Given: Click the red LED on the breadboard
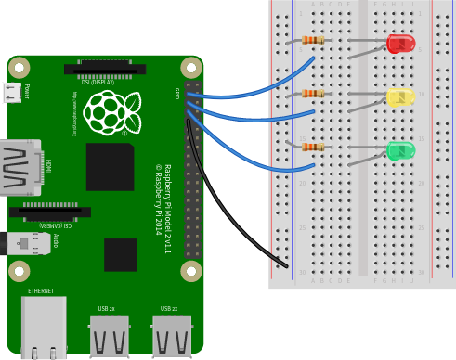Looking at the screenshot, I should point(400,44).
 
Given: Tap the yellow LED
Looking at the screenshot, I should point(400,96).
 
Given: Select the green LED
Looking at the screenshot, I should point(400,150).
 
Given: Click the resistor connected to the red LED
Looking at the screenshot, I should point(313,40).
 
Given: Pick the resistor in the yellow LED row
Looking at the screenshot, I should point(313,93).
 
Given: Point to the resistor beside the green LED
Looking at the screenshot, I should point(313,147).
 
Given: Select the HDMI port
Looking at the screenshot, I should point(20,167).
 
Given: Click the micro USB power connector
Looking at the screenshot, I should point(12,92).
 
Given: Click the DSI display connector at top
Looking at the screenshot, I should point(105,69).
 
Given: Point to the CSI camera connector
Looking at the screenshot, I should point(50,212).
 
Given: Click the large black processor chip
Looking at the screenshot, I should point(110,167).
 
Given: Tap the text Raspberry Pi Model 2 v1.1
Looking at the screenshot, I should point(166,208).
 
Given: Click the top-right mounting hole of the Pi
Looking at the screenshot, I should point(191,68).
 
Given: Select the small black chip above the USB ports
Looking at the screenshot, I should point(121,254).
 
